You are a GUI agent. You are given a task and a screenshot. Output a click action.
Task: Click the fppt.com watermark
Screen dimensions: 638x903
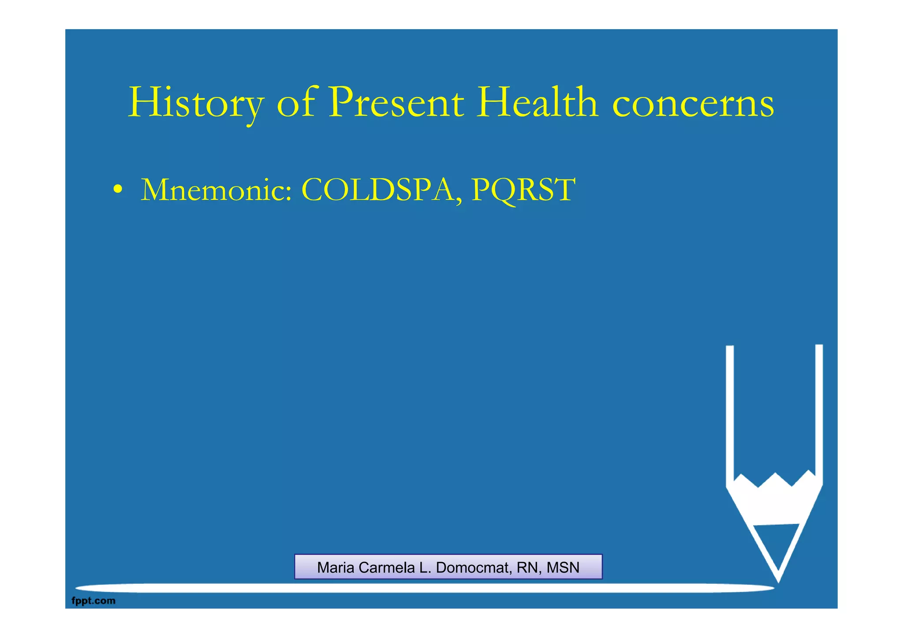tap(93, 601)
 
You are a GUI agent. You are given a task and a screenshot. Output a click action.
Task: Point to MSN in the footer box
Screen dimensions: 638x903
tap(563, 567)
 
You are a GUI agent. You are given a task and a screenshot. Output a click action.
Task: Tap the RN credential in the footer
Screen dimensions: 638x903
tap(526, 567)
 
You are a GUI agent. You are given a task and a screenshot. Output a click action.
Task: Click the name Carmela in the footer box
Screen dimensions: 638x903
tap(387, 567)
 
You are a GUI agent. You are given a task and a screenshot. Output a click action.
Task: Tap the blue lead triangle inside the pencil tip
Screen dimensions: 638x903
tap(777, 542)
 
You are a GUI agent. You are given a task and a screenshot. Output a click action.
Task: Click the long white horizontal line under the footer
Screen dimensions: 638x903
tap(423, 588)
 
